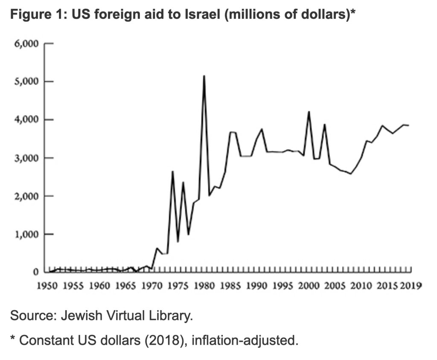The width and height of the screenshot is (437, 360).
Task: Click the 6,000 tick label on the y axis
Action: pyautogui.click(x=27, y=44)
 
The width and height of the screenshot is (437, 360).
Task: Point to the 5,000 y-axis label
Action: pyautogui.click(x=27, y=82)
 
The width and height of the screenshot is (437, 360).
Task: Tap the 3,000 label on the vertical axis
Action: pyautogui.click(x=27, y=158)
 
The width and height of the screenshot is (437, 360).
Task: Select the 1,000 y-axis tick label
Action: pyautogui.click(x=27, y=235)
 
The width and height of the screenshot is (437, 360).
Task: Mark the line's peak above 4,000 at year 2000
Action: pyautogui.click(x=309, y=112)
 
